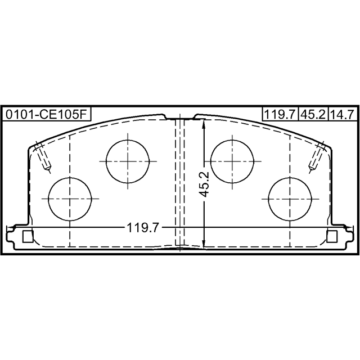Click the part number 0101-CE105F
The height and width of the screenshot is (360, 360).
click(46, 114)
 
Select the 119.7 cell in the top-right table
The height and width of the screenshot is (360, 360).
click(280, 114)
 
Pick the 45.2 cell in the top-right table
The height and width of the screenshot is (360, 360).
click(313, 114)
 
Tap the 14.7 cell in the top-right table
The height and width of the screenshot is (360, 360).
click(343, 114)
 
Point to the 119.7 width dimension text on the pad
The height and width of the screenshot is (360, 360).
click(143, 228)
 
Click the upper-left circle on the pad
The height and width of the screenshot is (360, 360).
click(128, 161)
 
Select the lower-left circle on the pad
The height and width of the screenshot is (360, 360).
click(70, 199)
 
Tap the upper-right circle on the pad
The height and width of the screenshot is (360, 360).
click(232, 161)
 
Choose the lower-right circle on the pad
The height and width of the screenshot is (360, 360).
click(290, 199)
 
